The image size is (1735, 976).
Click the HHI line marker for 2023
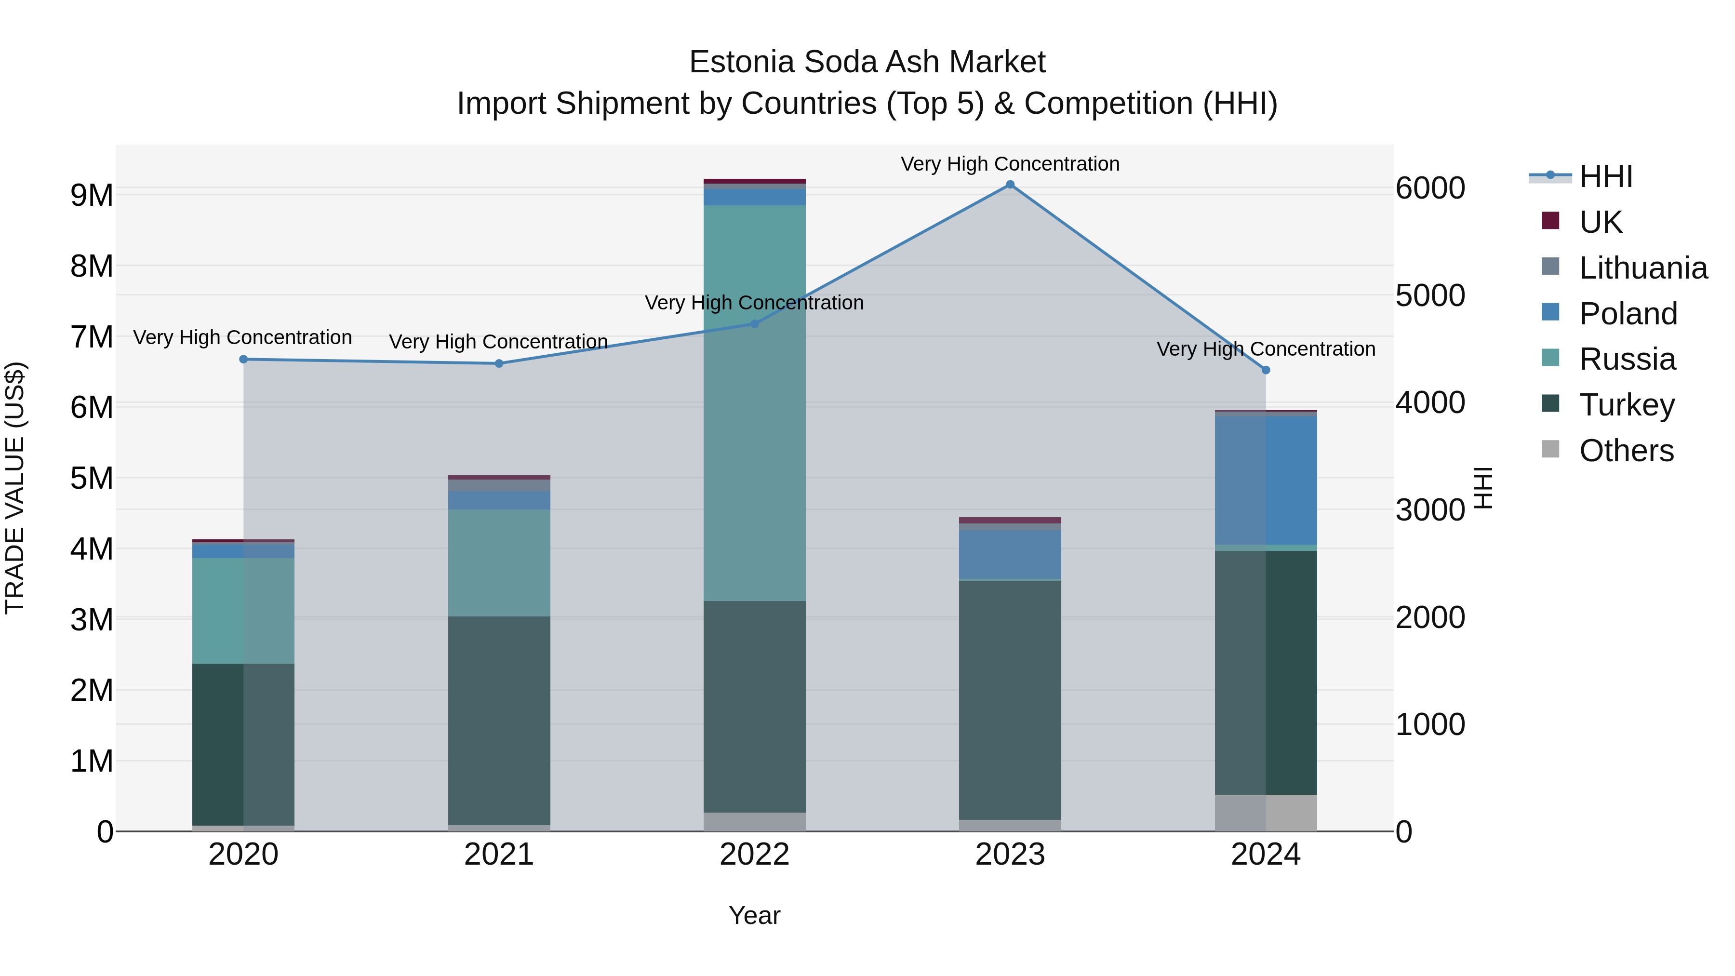pyautogui.click(x=1010, y=185)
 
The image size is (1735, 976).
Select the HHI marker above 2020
pyautogui.click(x=244, y=359)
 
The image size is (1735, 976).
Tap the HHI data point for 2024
pyautogui.click(x=1266, y=370)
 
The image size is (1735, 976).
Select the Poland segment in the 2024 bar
pyautogui.click(x=1266, y=480)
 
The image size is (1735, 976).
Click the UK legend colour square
pyautogui.click(x=1550, y=221)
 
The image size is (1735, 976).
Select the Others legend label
pyautogui.click(x=1626, y=451)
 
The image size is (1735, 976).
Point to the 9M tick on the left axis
pyautogui.click(x=92, y=195)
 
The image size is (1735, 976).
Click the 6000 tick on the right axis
pyautogui.click(x=1430, y=188)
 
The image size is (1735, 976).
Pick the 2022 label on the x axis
pyautogui.click(x=754, y=855)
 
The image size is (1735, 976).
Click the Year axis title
pyautogui.click(x=754, y=915)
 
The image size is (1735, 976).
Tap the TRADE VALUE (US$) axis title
pyautogui.click(x=15, y=488)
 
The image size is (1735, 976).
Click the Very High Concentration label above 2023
pyautogui.click(x=1010, y=164)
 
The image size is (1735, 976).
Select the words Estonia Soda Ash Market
pyautogui.click(x=867, y=62)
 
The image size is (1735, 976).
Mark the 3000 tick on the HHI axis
pyautogui.click(x=1430, y=510)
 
